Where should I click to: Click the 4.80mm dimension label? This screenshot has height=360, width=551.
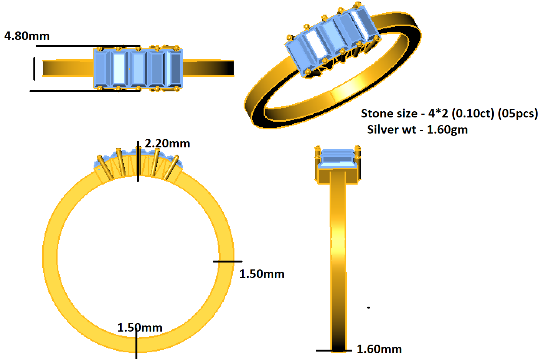(27, 36)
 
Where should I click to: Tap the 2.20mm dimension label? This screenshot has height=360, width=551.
(167, 144)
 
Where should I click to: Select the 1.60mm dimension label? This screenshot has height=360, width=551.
(379, 349)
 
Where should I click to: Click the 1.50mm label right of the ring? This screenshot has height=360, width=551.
(262, 274)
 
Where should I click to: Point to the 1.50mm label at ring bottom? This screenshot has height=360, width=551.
(140, 328)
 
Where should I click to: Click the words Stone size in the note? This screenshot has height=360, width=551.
(389, 114)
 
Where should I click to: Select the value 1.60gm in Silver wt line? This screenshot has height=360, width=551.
(447, 130)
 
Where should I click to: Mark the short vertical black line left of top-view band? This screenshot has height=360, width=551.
(34, 69)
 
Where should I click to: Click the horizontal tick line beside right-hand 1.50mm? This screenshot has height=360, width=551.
(228, 261)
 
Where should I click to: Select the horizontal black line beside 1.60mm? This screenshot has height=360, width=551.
(333, 350)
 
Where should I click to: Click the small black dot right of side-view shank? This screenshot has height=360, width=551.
(368, 307)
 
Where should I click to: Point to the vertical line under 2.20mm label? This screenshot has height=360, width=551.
(138, 161)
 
